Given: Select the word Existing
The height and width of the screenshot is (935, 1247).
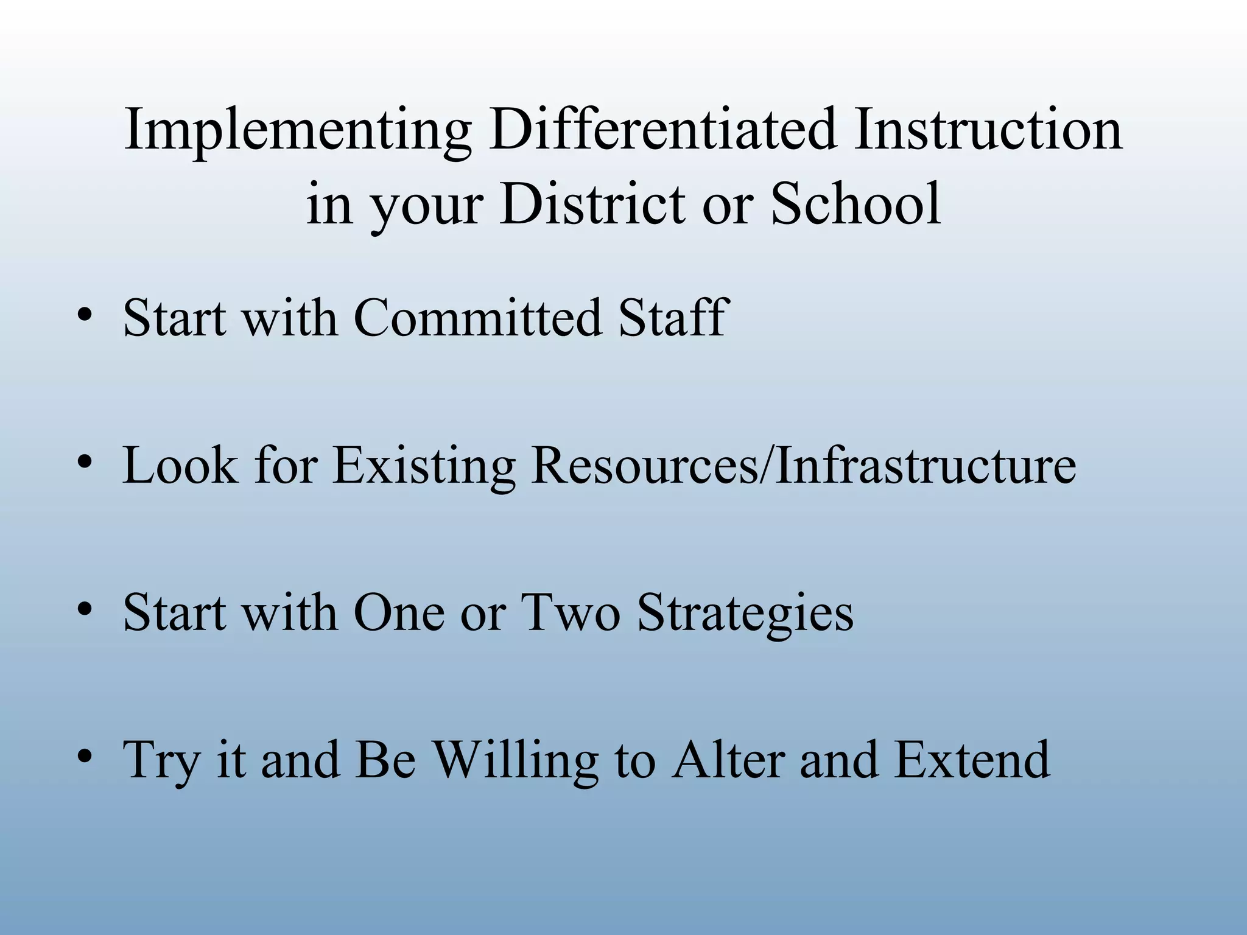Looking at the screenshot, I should click(424, 466).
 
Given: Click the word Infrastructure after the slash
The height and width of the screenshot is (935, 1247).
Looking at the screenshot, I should click(926, 465).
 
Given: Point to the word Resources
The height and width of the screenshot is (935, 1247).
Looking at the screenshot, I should click(645, 465).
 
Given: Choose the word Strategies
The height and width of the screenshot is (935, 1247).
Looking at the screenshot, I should click(745, 614).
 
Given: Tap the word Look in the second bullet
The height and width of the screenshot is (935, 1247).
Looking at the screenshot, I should click(180, 465).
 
